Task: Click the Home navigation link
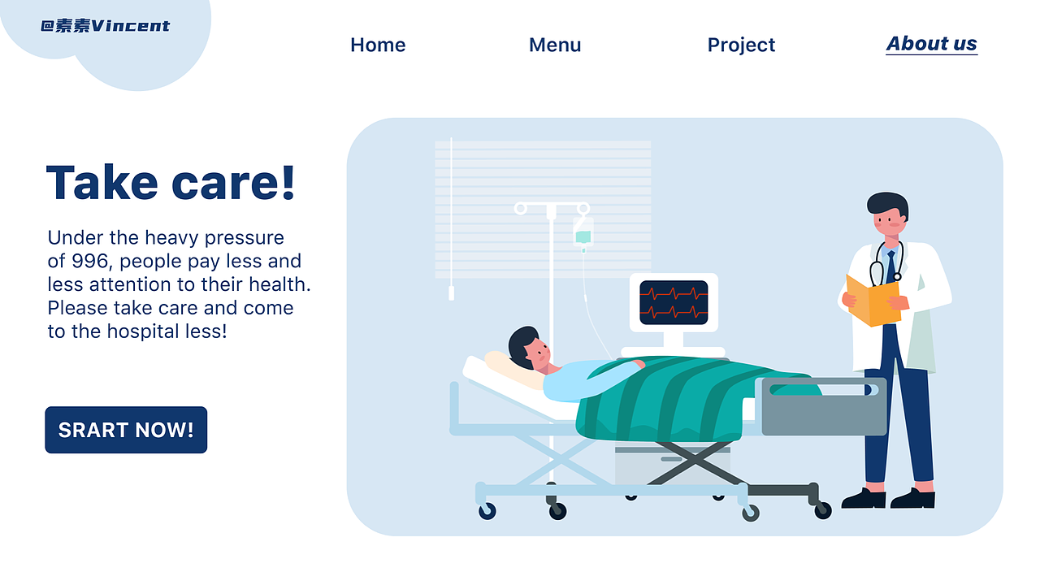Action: pyautogui.click(x=378, y=45)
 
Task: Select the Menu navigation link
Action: pyautogui.click(x=555, y=45)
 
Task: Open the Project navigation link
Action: pyautogui.click(x=741, y=45)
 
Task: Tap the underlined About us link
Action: pyautogui.click(x=931, y=44)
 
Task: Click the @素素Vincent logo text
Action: pyautogui.click(x=106, y=25)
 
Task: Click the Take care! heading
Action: pyautogui.click(x=171, y=183)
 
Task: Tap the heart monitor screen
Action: pyautogui.click(x=674, y=303)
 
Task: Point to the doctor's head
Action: pyautogui.click(x=888, y=214)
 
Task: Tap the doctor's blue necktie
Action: pyautogui.click(x=890, y=266)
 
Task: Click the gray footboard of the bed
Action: pyautogui.click(x=824, y=407)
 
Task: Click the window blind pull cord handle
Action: pyautogui.click(x=451, y=293)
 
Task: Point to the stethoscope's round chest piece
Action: pyautogui.click(x=898, y=277)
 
